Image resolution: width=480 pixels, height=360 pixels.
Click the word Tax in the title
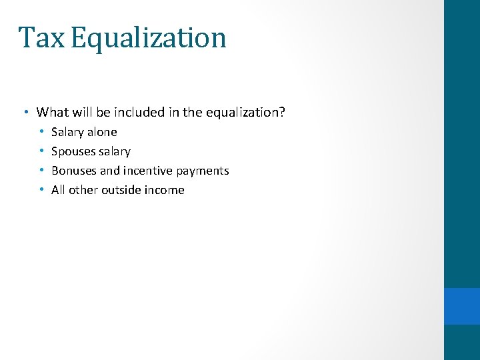coord(41,38)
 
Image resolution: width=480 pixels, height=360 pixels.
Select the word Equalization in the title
coord(148,38)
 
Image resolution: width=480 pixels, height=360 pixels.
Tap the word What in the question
coord(52,112)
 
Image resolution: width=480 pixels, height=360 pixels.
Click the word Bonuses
coord(74,171)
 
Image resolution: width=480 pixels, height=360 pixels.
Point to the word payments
coord(203,171)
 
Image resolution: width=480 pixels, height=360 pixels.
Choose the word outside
coord(123,190)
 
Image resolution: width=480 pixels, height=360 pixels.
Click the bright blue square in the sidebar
coord(462,306)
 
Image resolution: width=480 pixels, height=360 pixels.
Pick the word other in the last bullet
coord(83,190)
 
